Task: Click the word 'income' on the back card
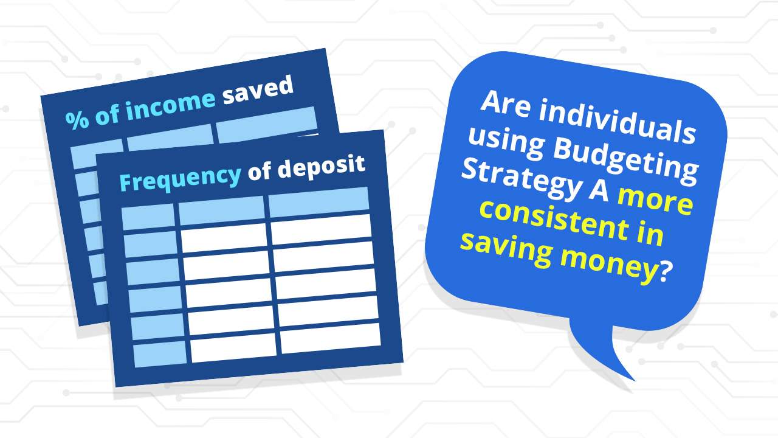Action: click(x=170, y=105)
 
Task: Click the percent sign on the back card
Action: click(x=77, y=120)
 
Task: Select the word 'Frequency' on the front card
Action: click(x=181, y=179)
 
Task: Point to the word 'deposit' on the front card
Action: click(x=322, y=166)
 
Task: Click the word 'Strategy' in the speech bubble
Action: click(x=521, y=181)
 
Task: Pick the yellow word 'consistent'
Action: click(x=554, y=220)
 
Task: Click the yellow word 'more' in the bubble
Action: click(x=655, y=201)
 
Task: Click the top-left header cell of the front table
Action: click(x=148, y=217)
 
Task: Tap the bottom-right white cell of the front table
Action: click(x=330, y=338)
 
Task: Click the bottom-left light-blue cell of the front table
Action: click(x=160, y=353)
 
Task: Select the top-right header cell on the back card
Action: click(x=267, y=125)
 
